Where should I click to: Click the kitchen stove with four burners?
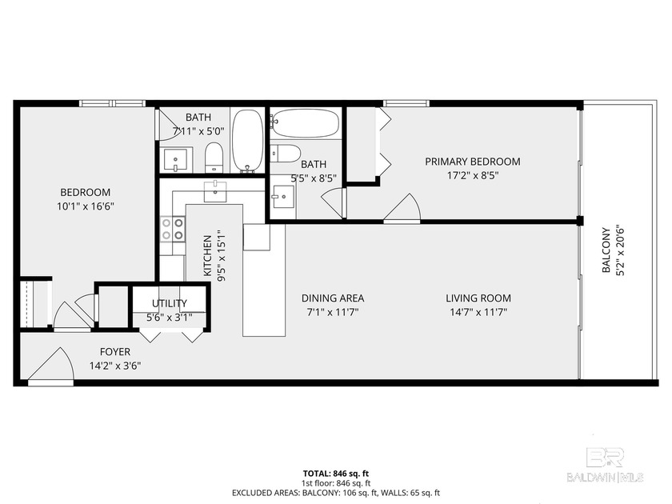click(171, 230)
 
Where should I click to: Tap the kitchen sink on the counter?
click(214, 191)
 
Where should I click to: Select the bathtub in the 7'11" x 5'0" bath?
click(248, 141)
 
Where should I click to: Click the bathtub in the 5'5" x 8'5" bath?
click(305, 123)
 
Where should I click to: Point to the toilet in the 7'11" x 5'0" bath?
click(214, 158)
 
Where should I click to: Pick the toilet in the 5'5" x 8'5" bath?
click(286, 153)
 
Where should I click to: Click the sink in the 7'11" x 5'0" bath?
click(176, 160)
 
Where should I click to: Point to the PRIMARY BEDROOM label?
click(472, 162)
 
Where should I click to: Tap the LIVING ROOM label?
click(478, 298)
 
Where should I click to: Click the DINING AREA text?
click(322, 298)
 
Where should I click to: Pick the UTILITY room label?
click(170, 303)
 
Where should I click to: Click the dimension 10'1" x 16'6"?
click(85, 206)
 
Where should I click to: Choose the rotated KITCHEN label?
click(207, 254)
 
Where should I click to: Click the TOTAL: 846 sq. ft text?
click(335, 474)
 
